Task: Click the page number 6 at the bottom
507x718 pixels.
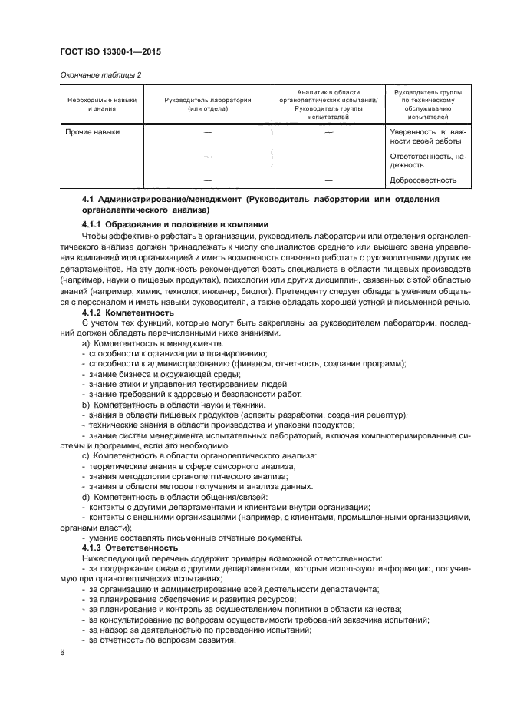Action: (62, 653)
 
